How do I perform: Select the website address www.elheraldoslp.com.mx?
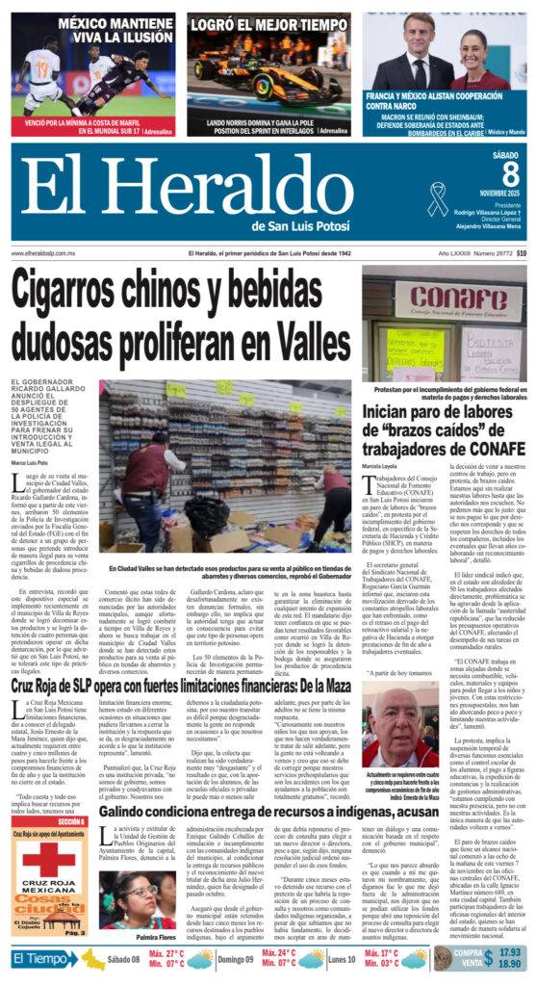click(43, 253)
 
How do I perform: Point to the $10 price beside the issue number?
click(521, 253)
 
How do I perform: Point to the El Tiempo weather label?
click(43, 959)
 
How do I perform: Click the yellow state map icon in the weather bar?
click(94, 959)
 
